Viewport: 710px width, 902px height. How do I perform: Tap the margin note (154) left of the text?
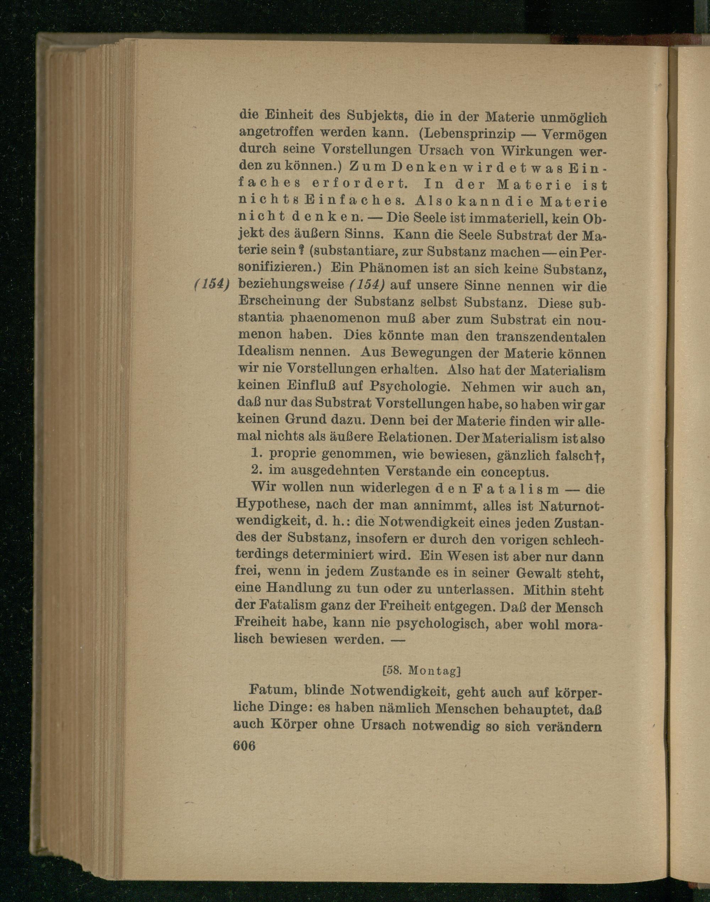click(212, 285)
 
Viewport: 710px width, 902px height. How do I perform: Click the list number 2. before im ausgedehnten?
click(256, 472)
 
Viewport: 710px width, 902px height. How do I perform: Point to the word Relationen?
click(416, 438)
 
